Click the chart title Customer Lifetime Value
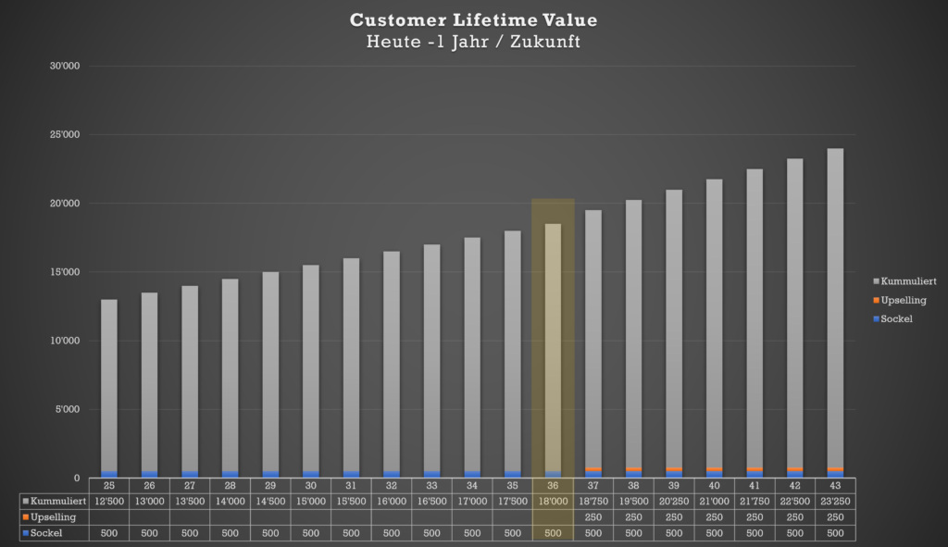473,20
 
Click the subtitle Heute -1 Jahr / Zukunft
473,42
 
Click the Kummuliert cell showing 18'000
553,501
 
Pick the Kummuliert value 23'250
836,501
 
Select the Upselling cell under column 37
593,516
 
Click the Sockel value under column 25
109,532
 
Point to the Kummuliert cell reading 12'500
109,501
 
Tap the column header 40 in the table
715,485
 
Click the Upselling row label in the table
53,516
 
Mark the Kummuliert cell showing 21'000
715,501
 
